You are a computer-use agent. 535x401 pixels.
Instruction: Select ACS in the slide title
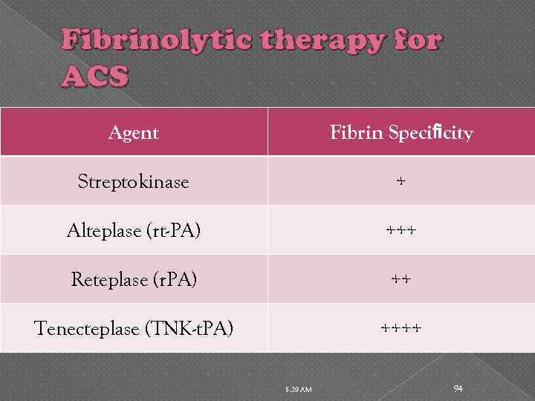(97, 75)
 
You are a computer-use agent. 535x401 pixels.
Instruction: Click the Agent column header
(134, 133)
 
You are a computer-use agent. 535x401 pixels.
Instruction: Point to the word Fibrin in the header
(357, 133)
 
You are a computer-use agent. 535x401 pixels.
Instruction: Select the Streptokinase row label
(134, 182)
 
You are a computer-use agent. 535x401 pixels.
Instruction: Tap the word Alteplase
(103, 231)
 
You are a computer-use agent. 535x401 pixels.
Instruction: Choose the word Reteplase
(108, 280)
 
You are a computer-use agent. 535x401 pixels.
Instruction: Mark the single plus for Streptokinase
(401, 181)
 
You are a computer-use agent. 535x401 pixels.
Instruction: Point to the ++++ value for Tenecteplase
(401, 327)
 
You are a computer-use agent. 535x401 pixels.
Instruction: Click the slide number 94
(458, 389)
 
